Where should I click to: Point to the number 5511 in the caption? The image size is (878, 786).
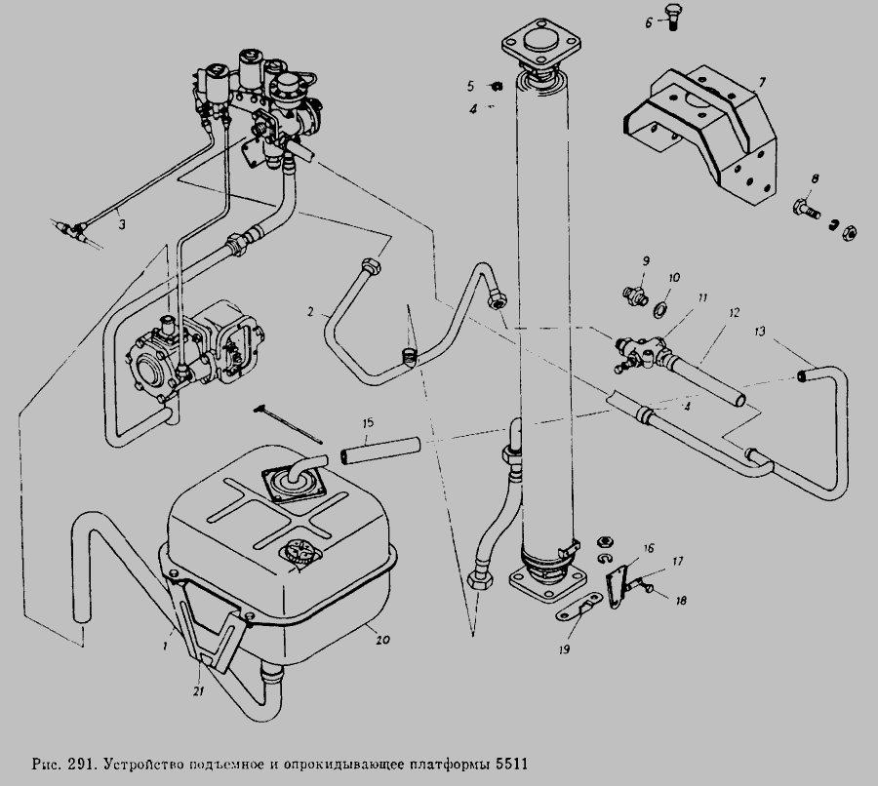518,761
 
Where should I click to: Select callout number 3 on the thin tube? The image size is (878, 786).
122,223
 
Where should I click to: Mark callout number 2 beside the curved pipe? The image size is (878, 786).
308,314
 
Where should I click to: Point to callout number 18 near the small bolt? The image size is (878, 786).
681,601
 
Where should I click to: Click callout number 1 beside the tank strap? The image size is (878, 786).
167,645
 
